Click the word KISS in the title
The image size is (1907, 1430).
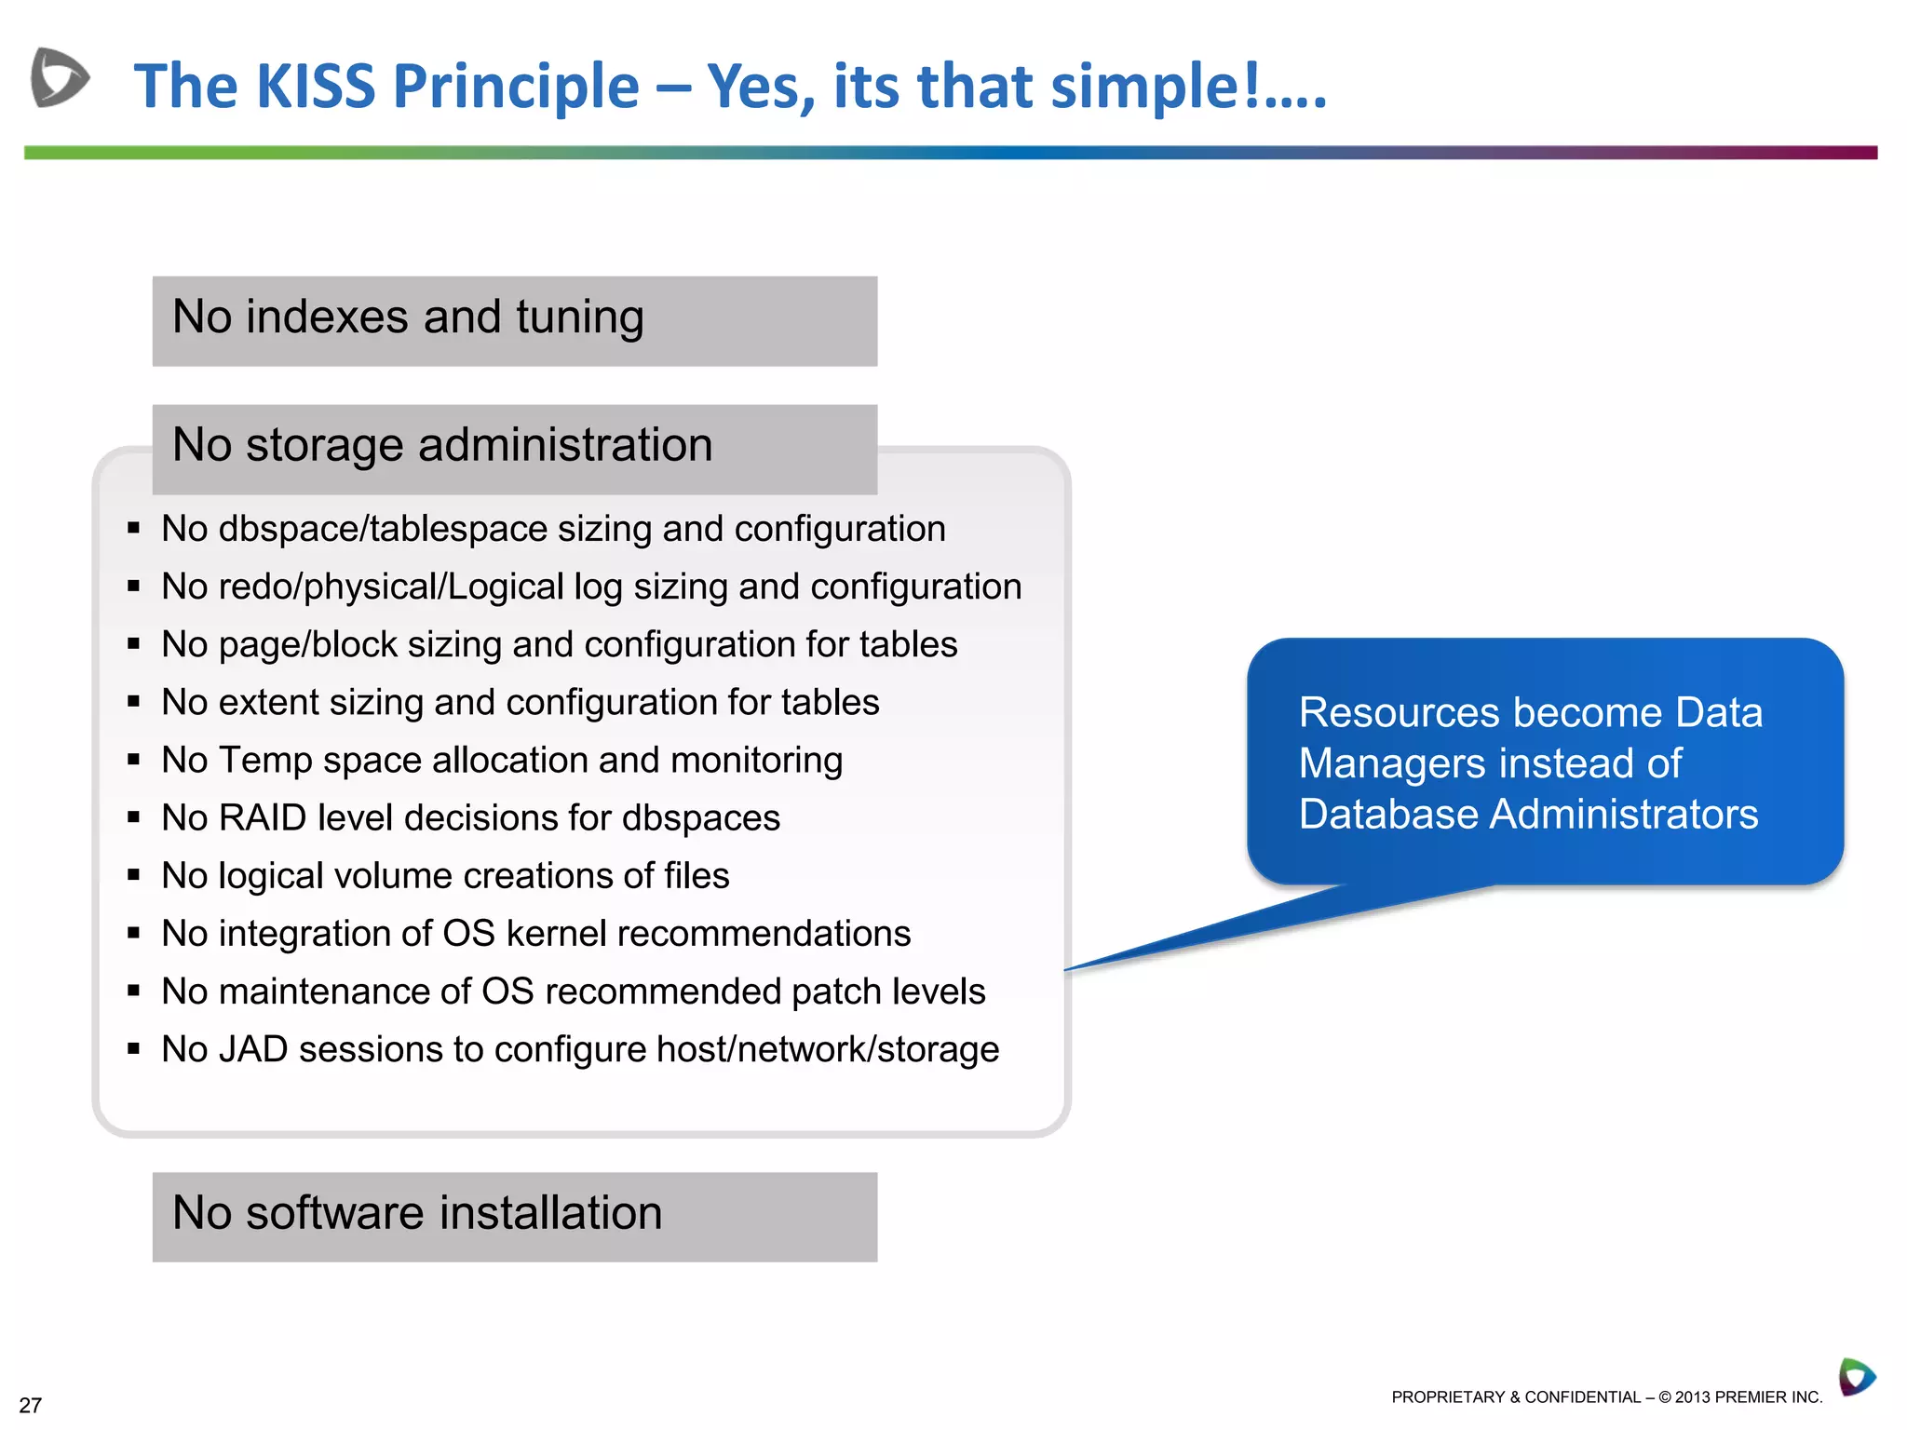pyautogui.click(x=315, y=87)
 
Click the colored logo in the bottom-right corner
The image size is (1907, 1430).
pyautogui.click(x=1856, y=1377)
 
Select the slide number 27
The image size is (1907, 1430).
pyautogui.click(x=30, y=1406)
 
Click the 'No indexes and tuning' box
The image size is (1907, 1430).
pyautogui.click(x=514, y=321)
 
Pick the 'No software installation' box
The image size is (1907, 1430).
pyautogui.click(x=514, y=1217)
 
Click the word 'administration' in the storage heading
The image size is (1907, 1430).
pyautogui.click(x=565, y=445)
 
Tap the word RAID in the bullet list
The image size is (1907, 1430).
pyautogui.click(x=262, y=818)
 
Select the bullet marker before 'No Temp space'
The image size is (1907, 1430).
pyautogui.click(x=134, y=760)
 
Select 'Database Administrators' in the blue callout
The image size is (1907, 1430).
pyautogui.click(x=1528, y=815)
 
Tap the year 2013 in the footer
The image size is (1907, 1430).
pyautogui.click(x=1692, y=1397)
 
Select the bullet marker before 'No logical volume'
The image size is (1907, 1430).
pyautogui.click(x=134, y=875)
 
